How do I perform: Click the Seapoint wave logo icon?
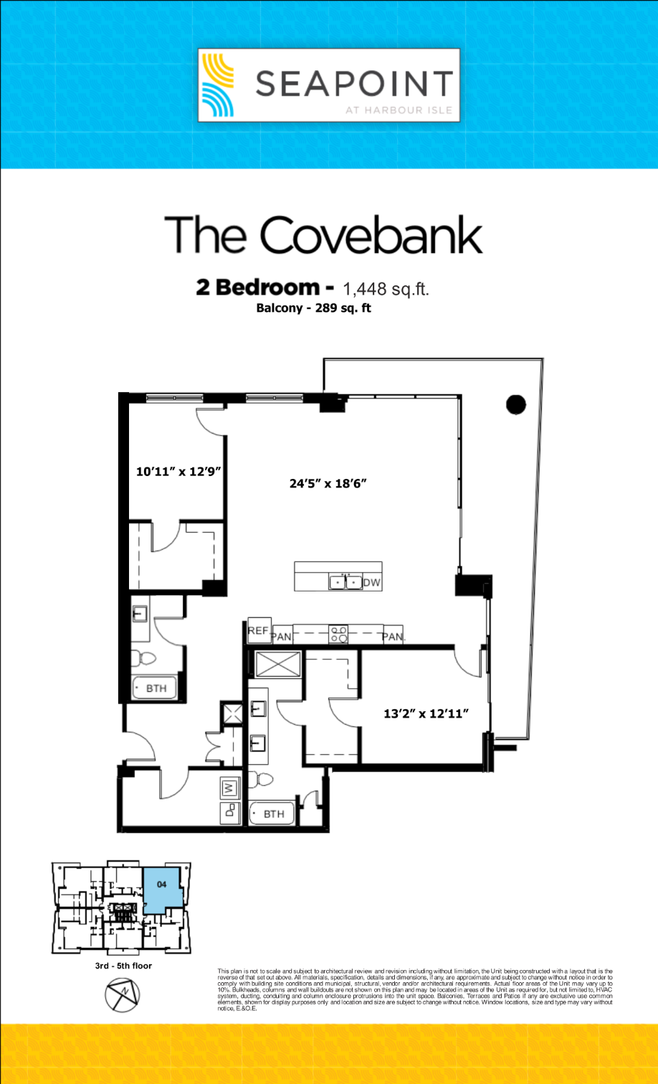coord(217,85)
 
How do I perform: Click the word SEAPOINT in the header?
coord(354,83)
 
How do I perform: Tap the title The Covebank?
coord(323,232)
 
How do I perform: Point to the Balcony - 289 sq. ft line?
coord(313,309)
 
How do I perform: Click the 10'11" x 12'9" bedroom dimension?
coord(177,472)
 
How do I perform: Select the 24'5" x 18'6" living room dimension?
coord(328,483)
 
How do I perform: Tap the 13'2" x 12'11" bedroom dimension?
coord(426,713)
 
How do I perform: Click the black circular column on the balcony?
coord(516,404)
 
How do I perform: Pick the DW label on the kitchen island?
coord(371,582)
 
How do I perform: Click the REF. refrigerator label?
coord(258,630)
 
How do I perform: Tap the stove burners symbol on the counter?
coord(338,634)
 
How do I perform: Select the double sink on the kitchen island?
coord(345,581)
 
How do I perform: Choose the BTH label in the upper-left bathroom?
coord(157,688)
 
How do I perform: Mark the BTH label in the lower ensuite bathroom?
coord(273,814)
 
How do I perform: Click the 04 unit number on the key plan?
coord(161,884)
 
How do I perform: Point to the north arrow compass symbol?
coord(123,996)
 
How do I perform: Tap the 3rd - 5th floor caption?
coord(123,966)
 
